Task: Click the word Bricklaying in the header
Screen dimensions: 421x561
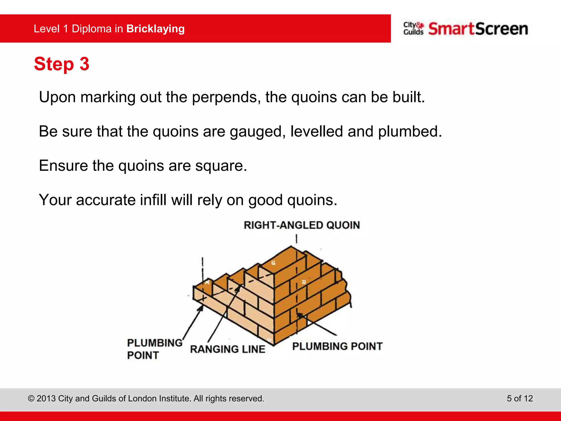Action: [x=155, y=29]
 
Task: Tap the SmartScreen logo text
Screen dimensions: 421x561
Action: [x=478, y=29]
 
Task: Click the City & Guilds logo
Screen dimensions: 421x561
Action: [x=413, y=29]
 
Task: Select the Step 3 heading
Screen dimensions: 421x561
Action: [x=62, y=64]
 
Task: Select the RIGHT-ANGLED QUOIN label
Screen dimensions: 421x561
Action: [x=302, y=225]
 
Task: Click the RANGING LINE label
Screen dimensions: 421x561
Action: [x=227, y=349]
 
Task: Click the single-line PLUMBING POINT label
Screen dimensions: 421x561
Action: [x=337, y=346]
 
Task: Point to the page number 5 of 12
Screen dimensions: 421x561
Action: [x=520, y=398]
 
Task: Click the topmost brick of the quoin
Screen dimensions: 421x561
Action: [x=282, y=259]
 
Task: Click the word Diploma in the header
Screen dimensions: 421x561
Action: [x=91, y=29]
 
